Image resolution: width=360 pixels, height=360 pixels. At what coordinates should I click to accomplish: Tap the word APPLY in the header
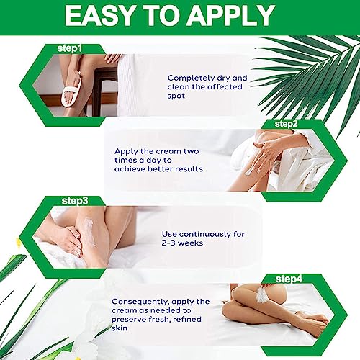coord(230,16)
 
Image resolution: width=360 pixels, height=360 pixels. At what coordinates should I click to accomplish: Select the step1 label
coord(70,49)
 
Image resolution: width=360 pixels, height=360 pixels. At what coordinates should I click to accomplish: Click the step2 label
coord(287,124)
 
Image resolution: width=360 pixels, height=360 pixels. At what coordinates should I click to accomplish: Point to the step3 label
coord(75,201)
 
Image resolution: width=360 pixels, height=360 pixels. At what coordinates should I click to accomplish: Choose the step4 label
coord(289,279)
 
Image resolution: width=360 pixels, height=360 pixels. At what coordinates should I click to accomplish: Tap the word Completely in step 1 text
coord(191,78)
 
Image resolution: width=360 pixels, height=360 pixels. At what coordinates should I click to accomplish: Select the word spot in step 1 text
coord(176,96)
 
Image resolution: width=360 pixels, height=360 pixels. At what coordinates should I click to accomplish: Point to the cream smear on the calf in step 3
coord(89,232)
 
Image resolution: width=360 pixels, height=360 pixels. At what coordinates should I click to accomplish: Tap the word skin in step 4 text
coord(120,328)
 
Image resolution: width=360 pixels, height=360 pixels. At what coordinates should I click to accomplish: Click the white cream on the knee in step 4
coord(262,293)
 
